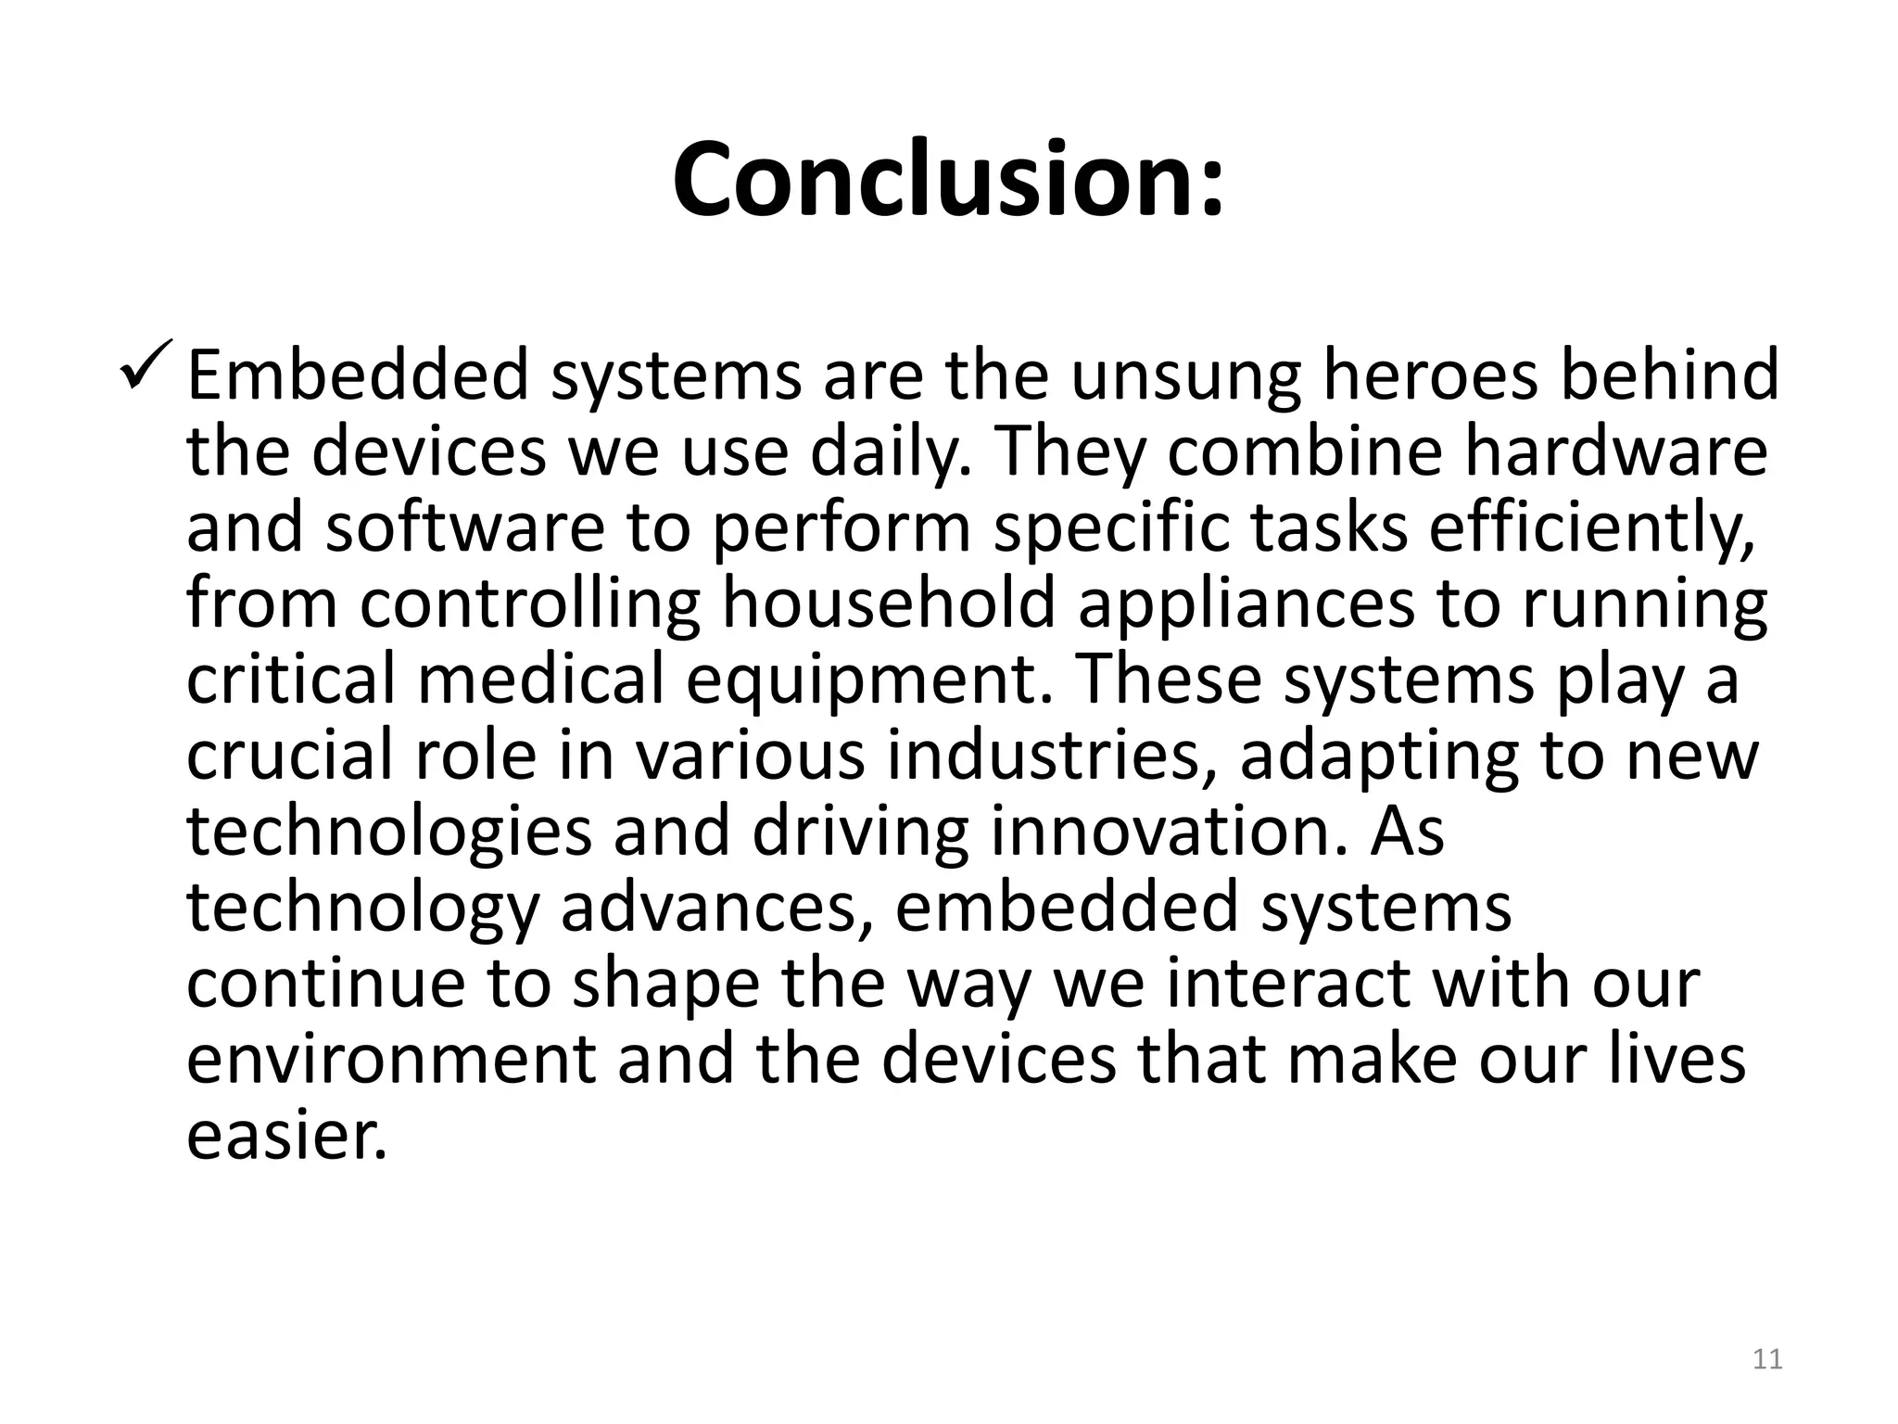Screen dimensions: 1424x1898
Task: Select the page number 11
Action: click(1767, 1360)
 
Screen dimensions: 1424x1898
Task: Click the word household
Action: click(889, 604)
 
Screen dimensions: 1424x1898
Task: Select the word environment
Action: click(391, 1060)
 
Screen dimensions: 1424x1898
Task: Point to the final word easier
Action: click(285, 1136)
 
